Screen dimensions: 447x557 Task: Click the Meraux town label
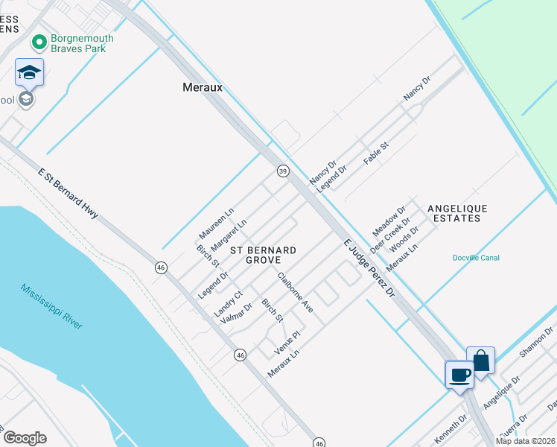pos(203,87)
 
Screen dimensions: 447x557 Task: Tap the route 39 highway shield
pos(283,171)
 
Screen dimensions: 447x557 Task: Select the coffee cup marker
pos(459,374)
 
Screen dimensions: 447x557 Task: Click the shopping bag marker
pos(481,361)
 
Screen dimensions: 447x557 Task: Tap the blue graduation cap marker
pos(29,72)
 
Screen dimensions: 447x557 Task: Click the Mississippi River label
pos(51,306)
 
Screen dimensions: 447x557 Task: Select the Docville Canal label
pos(476,258)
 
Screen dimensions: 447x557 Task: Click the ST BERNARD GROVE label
pos(263,255)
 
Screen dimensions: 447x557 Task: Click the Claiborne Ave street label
pos(295,292)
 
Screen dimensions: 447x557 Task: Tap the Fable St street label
pos(376,153)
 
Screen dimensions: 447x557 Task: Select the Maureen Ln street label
pos(216,223)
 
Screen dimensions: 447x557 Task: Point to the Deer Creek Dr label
pos(390,235)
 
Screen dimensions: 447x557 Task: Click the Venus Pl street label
pos(286,343)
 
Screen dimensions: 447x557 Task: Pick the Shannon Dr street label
pos(537,341)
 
